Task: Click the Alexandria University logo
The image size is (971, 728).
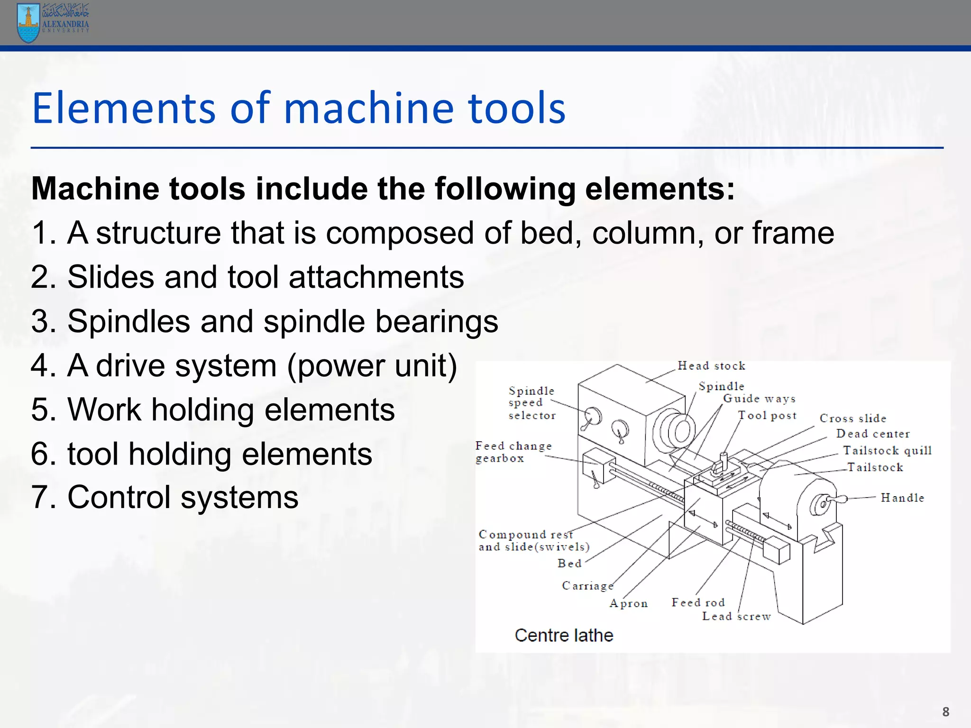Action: pyautogui.click(x=52, y=22)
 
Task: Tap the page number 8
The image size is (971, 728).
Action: pyautogui.click(x=945, y=712)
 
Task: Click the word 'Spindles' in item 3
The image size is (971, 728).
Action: pyautogui.click(x=128, y=321)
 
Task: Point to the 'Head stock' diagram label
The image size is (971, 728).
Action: pyautogui.click(x=711, y=366)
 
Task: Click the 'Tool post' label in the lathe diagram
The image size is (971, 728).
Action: pyautogui.click(x=767, y=416)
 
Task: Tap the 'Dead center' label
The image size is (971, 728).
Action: pyautogui.click(x=872, y=434)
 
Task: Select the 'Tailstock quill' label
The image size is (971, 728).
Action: pyautogui.click(x=887, y=450)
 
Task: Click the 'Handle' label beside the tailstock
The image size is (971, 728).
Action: pyautogui.click(x=902, y=498)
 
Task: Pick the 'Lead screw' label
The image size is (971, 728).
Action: pyautogui.click(x=736, y=616)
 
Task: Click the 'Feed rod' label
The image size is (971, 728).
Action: pyautogui.click(x=698, y=602)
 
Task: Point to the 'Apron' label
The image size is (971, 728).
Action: pyautogui.click(x=628, y=603)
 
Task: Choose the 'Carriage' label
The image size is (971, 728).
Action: pyautogui.click(x=587, y=586)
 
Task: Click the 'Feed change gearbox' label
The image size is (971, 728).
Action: pyautogui.click(x=513, y=452)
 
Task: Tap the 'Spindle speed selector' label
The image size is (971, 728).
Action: pyautogui.click(x=531, y=403)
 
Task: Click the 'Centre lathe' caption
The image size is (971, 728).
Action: pyautogui.click(x=564, y=635)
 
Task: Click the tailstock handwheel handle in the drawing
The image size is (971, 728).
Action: pyautogui.click(x=835, y=499)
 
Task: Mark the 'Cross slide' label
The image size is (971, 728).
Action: pyautogui.click(x=852, y=419)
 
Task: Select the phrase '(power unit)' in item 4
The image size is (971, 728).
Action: pyautogui.click(x=372, y=366)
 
